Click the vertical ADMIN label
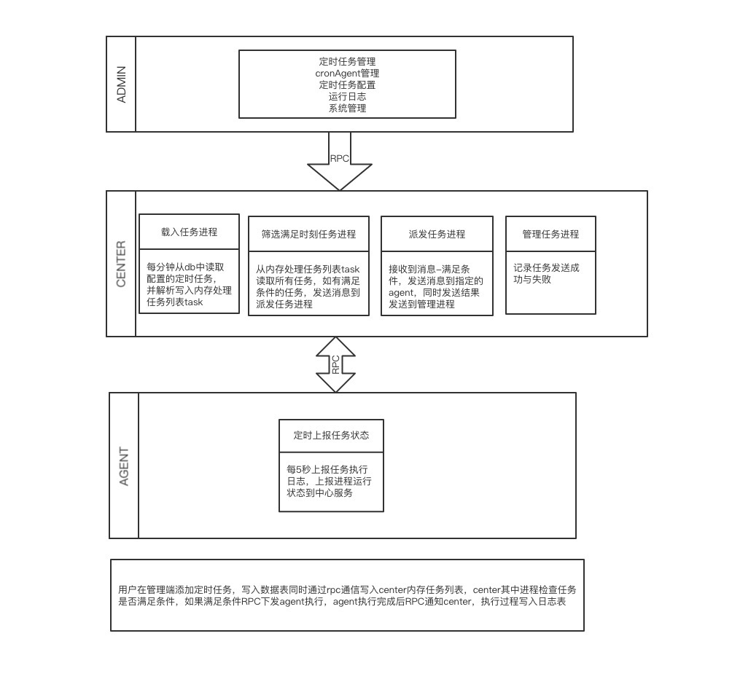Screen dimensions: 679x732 click(121, 84)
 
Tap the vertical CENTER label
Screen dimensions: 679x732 click(121, 264)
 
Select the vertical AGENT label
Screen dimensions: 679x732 click(124, 466)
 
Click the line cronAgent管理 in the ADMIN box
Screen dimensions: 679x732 click(347, 74)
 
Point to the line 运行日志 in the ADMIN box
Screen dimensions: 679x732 click(347, 96)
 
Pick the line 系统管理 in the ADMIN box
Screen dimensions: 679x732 click(347, 108)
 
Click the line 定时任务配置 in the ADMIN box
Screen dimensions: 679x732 click(347, 85)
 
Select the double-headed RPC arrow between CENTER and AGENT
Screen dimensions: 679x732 click(335, 364)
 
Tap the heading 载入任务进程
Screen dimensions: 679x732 click(189, 232)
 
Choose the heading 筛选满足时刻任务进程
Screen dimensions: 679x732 click(308, 235)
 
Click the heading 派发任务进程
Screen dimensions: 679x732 click(437, 235)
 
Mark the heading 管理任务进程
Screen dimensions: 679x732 click(550, 235)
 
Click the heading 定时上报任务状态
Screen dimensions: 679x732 click(331, 436)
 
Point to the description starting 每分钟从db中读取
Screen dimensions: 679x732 click(189, 284)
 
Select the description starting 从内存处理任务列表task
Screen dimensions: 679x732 click(308, 286)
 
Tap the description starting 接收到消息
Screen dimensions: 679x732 click(437, 286)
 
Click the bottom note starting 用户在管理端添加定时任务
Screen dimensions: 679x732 click(347, 595)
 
